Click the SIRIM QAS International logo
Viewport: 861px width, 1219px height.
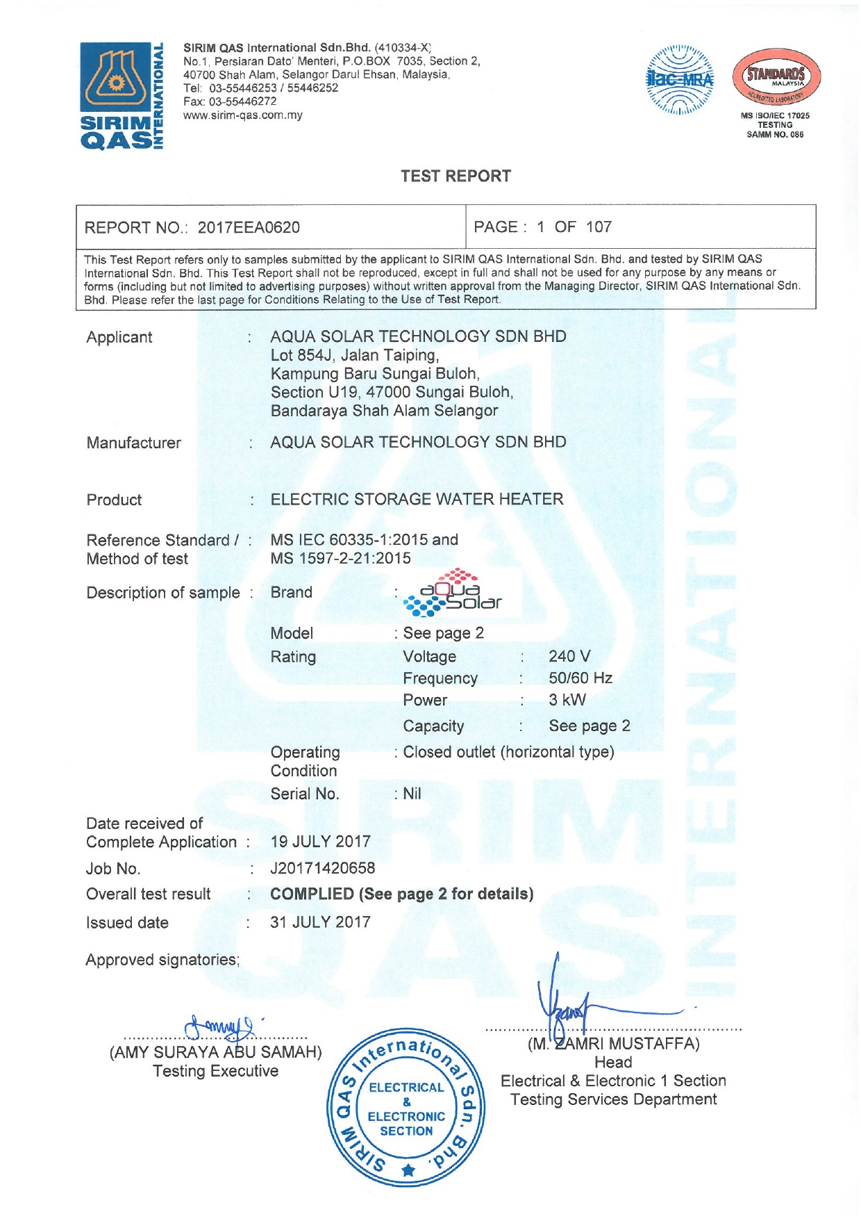pos(122,95)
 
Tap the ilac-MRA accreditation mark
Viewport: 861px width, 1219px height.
pos(680,80)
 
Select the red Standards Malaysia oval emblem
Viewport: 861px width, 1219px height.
pos(776,77)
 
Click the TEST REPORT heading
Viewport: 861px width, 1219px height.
pos(455,176)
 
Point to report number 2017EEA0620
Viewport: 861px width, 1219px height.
pos(249,227)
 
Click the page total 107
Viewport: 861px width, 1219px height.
pos(599,227)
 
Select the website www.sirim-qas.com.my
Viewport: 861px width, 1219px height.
pos(243,115)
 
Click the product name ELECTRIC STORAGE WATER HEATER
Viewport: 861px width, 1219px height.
pos(417,499)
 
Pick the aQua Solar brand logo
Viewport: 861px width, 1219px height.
pos(452,594)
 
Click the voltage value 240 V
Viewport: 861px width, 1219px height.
pos(569,656)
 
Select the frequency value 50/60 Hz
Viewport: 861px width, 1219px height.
pos(580,678)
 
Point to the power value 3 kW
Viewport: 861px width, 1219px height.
pos(567,700)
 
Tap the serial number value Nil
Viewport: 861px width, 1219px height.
pos(412,794)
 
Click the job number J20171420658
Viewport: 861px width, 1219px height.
pos(322,868)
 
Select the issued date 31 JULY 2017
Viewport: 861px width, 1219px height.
pos(320,922)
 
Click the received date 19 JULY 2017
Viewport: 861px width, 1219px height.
pos(320,842)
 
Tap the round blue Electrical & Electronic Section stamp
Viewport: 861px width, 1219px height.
pos(406,1108)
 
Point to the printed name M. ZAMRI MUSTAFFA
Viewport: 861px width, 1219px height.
pos(613,1043)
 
